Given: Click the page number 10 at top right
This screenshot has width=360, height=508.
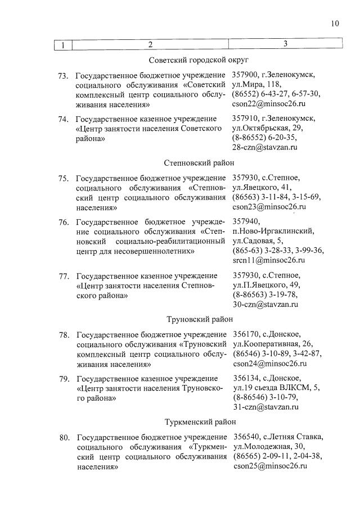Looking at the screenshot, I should click(335, 23).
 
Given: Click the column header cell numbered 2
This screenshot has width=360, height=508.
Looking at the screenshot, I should click(150, 44).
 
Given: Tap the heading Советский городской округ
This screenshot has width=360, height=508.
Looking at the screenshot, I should click(199, 60).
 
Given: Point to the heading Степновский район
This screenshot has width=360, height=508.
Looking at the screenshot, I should click(199, 163).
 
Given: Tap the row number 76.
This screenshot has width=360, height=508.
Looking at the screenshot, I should click(64, 223).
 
